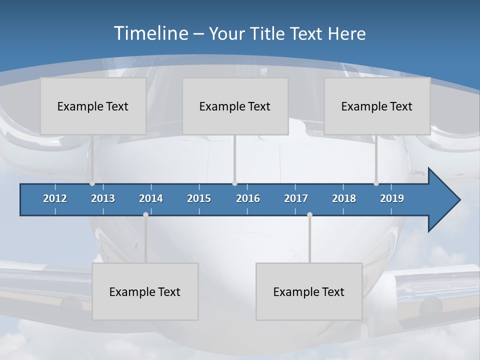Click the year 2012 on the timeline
click(55, 198)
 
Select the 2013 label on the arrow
click(103, 198)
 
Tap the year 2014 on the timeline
click(151, 198)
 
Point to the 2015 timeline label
click(199, 198)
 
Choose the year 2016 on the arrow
click(248, 198)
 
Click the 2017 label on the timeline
click(296, 198)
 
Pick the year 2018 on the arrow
click(344, 198)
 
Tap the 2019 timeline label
click(392, 198)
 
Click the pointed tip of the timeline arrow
click(458, 200)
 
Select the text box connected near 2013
click(93, 106)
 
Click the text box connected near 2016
click(235, 106)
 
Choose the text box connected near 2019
click(377, 106)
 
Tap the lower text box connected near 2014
click(145, 291)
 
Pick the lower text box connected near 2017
click(309, 291)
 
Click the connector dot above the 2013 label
click(92, 183)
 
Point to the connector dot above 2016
click(234, 183)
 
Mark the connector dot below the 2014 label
click(145, 214)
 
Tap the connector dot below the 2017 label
click(309, 214)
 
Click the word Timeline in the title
click(150, 33)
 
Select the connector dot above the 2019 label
click(376, 183)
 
